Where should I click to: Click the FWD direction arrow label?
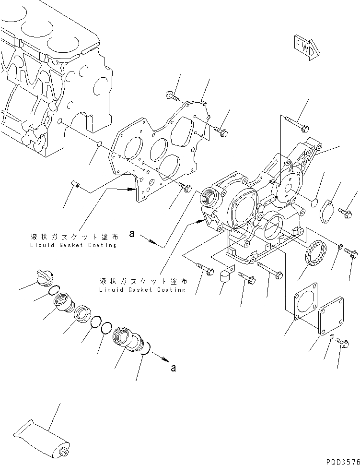point(305,47)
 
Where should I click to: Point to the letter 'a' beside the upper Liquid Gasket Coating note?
point(130,234)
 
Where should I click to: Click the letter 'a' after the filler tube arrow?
point(173,368)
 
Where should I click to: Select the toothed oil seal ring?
point(315,255)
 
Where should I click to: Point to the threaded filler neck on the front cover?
point(212,196)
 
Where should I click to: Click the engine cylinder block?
point(53,82)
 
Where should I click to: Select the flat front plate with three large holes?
point(153,154)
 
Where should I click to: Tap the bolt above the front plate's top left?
point(173,96)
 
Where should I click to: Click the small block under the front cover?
point(225,277)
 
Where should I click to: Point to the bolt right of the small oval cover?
point(346,210)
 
